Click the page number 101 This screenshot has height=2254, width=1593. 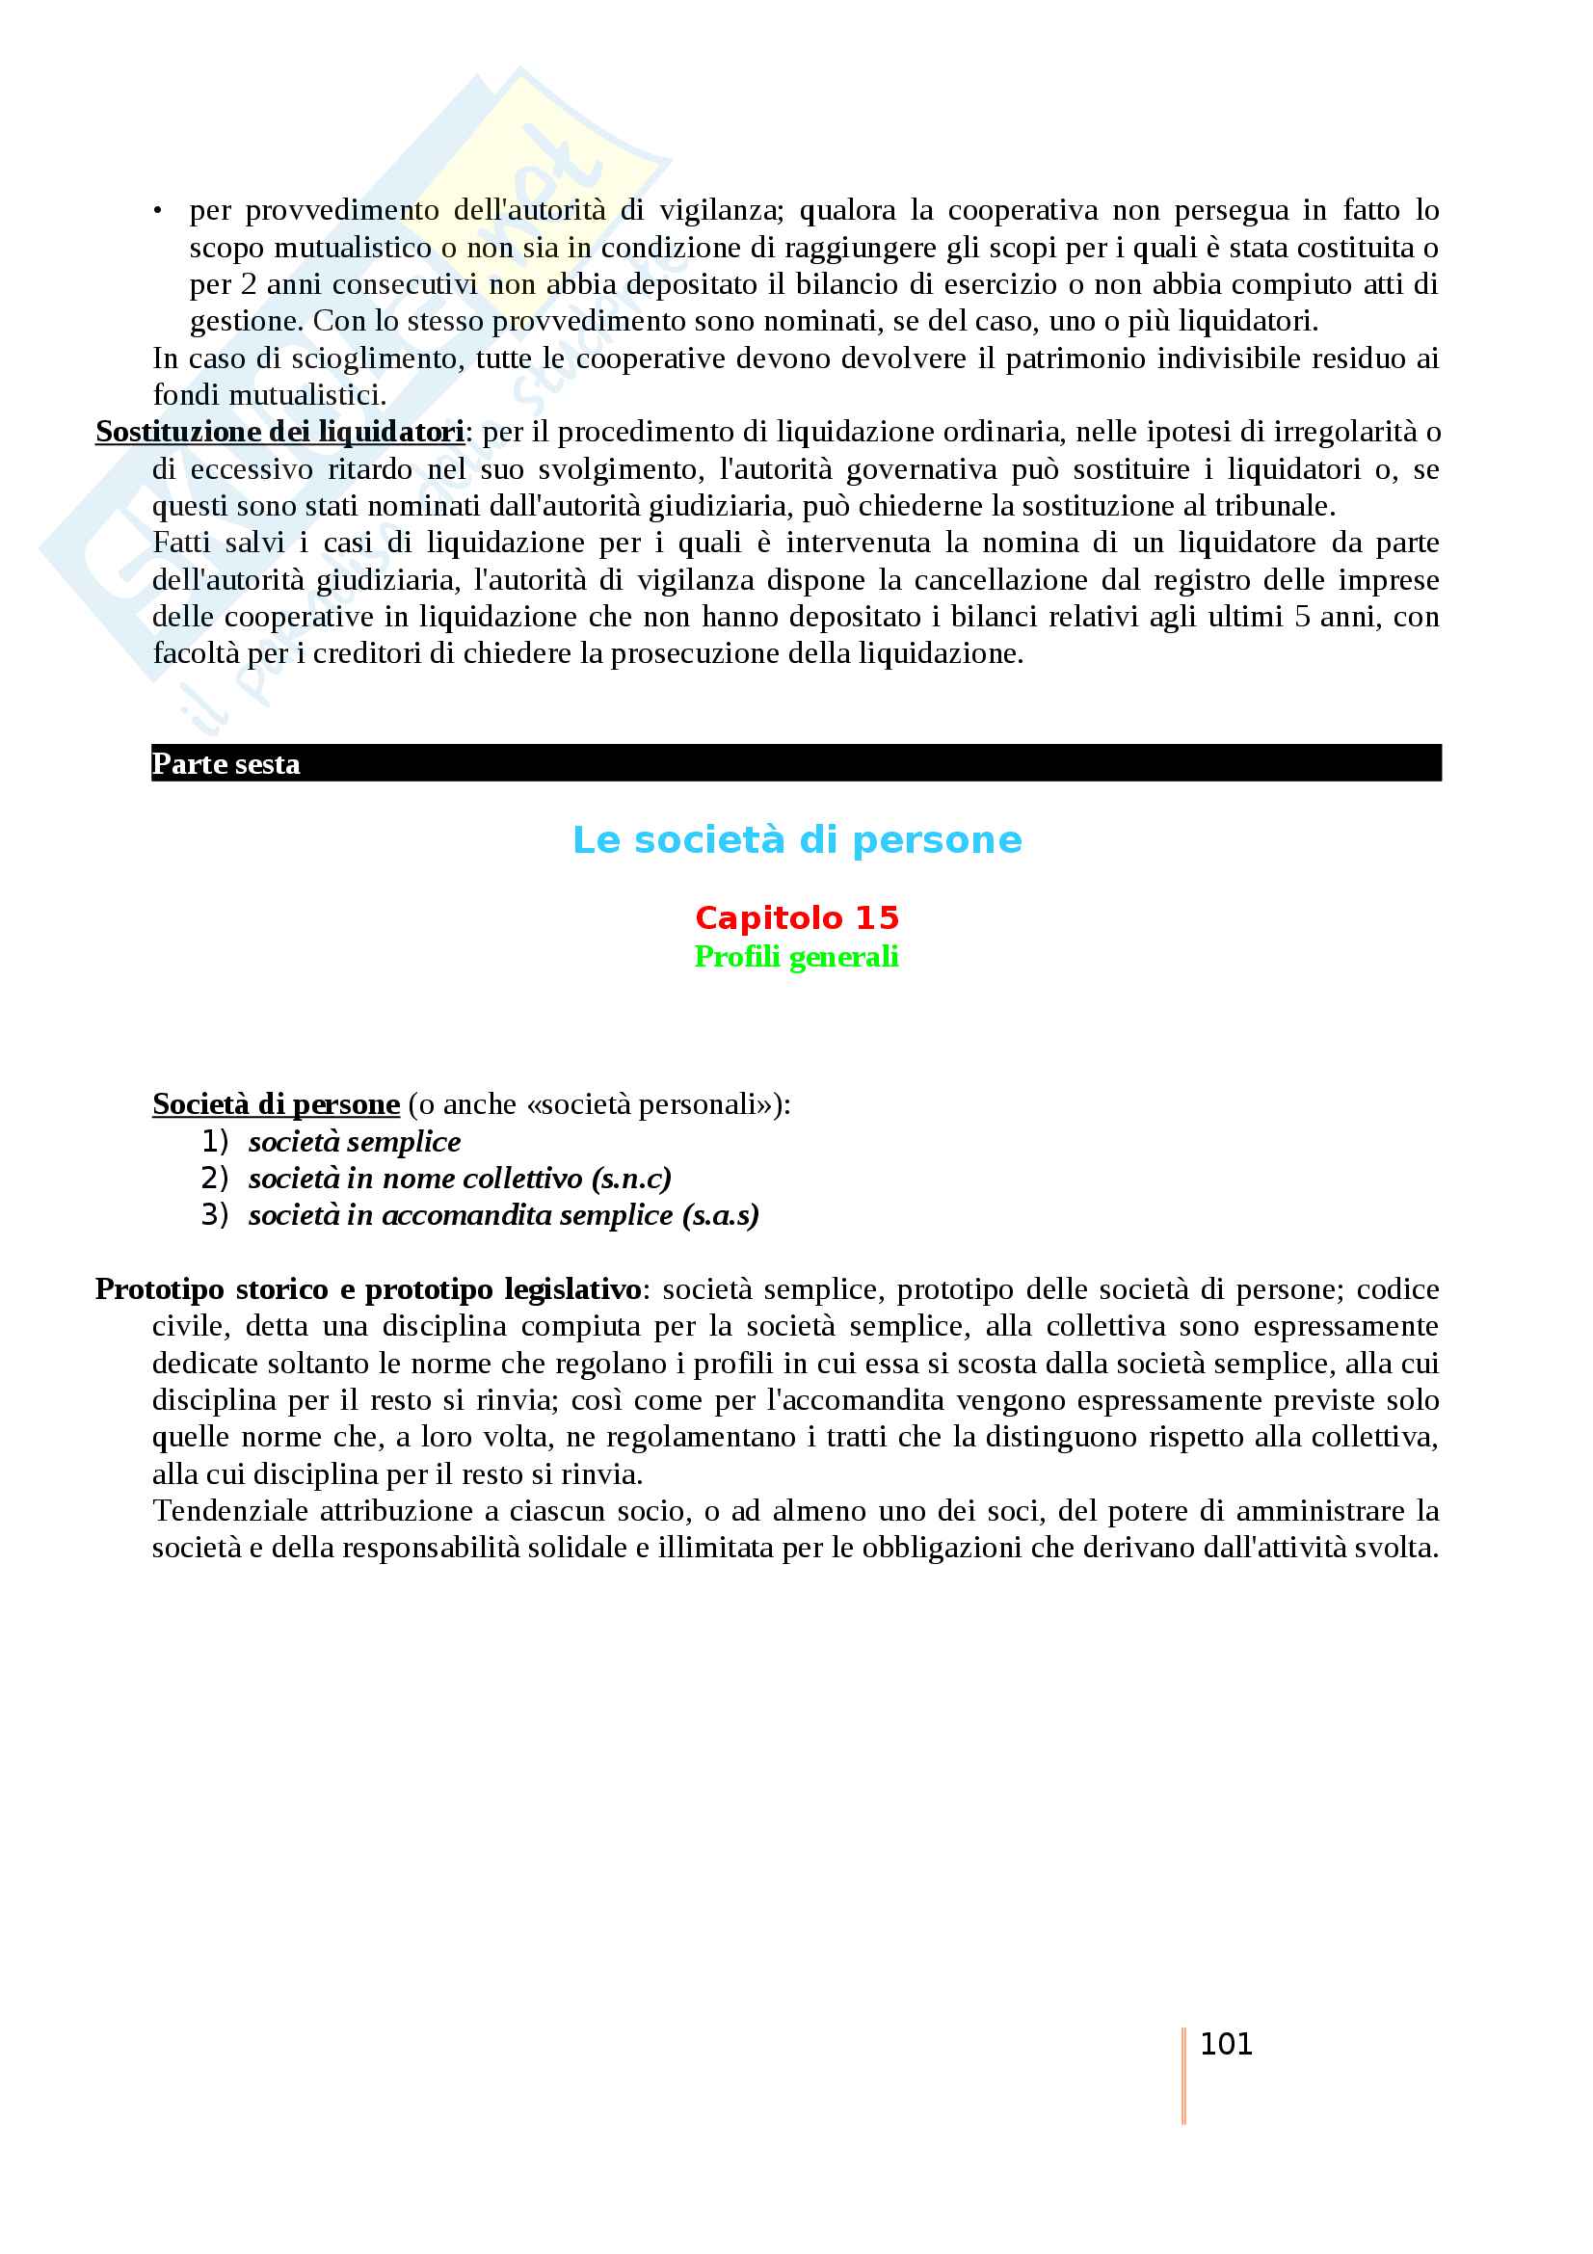(1226, 2044)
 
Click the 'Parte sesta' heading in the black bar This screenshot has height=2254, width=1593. (226, 764)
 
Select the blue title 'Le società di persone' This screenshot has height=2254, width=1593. (797, 840)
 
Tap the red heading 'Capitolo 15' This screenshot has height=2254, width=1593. (797, 918)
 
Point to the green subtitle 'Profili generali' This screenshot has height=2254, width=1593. (796, 956)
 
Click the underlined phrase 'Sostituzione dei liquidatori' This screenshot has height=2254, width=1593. (279, 432)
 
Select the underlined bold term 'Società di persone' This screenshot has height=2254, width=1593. (276, 1104)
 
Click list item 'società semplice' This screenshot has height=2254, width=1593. (355, 1142)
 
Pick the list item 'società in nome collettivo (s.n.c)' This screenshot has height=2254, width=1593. (460, 1178)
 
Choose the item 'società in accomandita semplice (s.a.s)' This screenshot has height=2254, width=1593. (503, 1215)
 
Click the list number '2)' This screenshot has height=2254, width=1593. (214, 1178)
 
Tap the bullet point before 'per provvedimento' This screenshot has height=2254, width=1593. (157, 211)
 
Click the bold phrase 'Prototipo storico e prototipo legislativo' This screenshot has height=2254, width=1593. (368, 1289)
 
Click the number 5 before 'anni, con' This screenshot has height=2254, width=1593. (1300, 618)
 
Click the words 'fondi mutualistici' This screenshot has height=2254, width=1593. (267, 396)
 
